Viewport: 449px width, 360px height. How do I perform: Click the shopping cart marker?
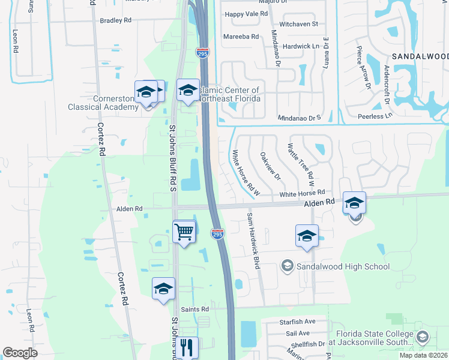click(x=184, y=231)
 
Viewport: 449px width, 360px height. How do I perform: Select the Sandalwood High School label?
click(x=343, y=266)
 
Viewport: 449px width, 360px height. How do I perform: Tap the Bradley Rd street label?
click(x=115, y=20)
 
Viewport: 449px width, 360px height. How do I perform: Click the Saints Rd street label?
click(x=196, y=309)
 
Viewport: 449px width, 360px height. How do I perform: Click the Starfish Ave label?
click(x=297, y=322)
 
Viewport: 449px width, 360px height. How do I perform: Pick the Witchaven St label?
click(x=298, y=24)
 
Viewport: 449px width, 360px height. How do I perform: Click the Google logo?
click(x=20, y=353)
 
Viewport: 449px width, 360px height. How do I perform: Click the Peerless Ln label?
click(x=374, y=116)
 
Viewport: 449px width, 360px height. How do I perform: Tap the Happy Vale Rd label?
click(x=245, y=14)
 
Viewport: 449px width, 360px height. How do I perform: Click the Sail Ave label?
click(x=298, y=333)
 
